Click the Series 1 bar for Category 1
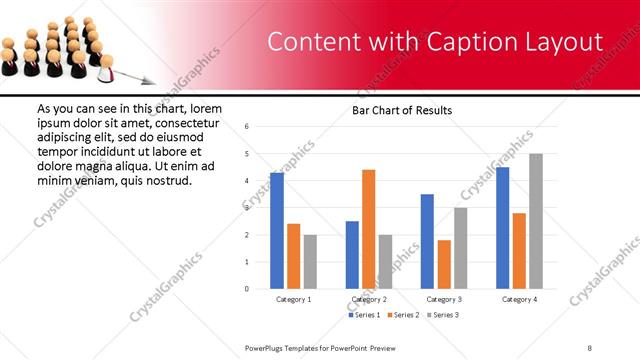point(277,231)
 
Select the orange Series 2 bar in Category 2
point(368,229)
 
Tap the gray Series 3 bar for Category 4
point(536,221)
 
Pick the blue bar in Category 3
point(427,241)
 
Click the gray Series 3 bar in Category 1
point(310,262)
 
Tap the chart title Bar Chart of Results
point(402,110)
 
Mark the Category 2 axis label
point(368,299)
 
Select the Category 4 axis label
point(519,299)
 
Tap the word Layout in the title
point(561,42)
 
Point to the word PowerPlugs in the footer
point(265,347)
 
